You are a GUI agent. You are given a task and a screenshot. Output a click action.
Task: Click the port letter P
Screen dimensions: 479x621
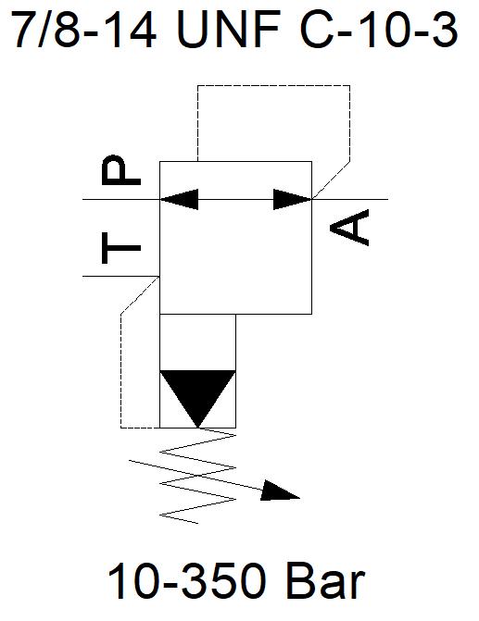(x=121, y=170)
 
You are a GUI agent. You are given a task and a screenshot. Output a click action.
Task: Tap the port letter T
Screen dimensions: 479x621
(x=121, y=248)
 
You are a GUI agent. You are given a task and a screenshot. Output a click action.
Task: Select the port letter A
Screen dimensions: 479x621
(x=349, y=228)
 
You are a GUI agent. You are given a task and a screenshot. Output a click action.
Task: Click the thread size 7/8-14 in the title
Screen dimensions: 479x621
(x=84, y=30)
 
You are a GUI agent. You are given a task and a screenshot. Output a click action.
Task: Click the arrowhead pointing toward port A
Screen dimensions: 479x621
(x=293, y=199)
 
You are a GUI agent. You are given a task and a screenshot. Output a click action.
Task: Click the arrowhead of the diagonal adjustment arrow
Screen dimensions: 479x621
(x=280, y=491)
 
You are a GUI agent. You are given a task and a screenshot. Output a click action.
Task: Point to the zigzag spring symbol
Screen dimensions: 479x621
(x=198, y=478)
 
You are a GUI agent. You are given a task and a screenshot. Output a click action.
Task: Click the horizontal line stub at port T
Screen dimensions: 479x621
(x=121, y=276)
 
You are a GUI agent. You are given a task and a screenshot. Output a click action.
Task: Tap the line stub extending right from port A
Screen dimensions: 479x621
(x=349, y=199)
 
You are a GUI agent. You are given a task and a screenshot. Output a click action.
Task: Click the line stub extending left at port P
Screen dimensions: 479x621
(x=121, y=199)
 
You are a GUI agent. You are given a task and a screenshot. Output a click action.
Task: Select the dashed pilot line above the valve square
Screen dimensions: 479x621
(x=273, y=85)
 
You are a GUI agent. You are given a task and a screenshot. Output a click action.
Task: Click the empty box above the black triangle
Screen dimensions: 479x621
(x=198, y=342)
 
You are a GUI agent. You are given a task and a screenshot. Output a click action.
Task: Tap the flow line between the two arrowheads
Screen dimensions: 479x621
(x=236, y=199)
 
